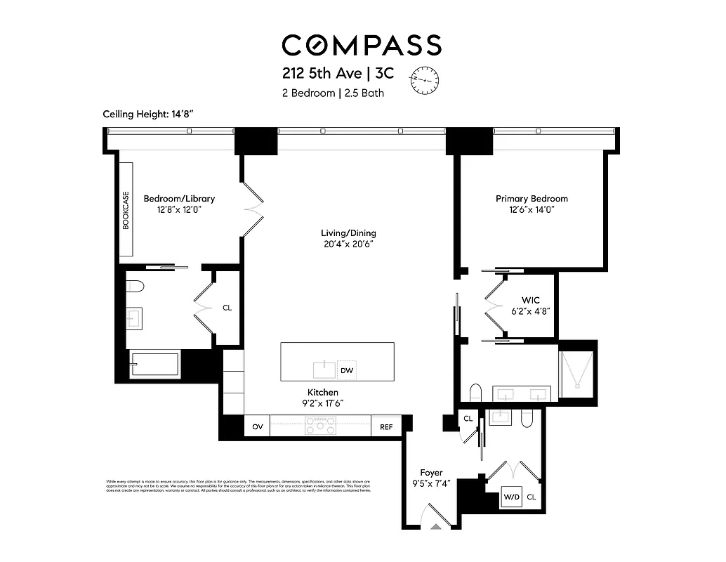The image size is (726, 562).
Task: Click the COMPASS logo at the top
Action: [x=362, y=45]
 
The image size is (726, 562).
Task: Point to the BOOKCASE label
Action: [x=126, y=210]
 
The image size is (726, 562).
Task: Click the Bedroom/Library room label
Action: [x=179, y=199]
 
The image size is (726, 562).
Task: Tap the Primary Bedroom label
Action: [x=532, y=199]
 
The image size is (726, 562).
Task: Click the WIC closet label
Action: [x=530, y=300]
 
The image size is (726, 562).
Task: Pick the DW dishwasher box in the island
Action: [x=347, y=370]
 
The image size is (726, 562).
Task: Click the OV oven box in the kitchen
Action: [x=257, y=426]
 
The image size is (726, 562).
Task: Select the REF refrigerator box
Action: [x=386, y=426]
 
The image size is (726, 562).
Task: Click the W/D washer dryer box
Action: [x=510, y=497]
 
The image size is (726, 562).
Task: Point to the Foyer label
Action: [x=431, y=473]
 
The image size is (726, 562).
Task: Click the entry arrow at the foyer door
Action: [x=437, y=524]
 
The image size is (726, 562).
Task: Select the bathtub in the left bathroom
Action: [x=155, y=365]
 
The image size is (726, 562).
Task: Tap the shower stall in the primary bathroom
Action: [x=576, y=370]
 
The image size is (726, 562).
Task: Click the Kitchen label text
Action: [x=322, y=392]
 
